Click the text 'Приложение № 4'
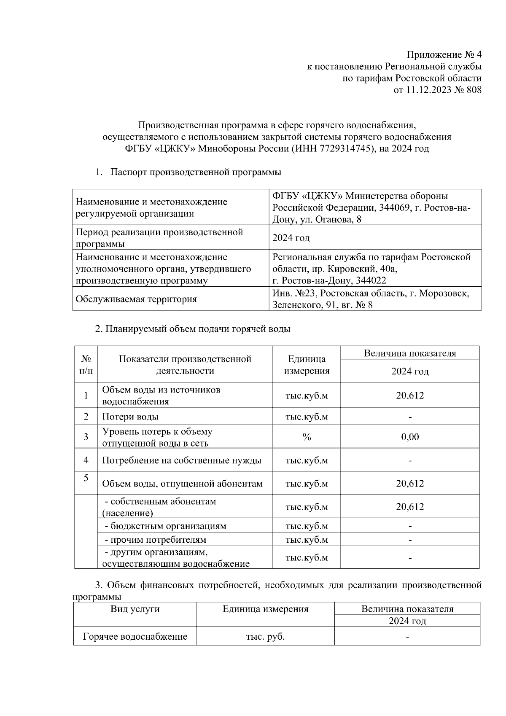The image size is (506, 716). pyautogui.click(x=444, y=55)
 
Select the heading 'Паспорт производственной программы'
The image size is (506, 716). pyautogui.click(x=196, y=172)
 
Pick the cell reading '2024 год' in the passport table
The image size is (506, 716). pyautogui.click(x=291, y=238)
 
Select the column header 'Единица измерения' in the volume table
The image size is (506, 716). pyautogui.click(x=307, y=365)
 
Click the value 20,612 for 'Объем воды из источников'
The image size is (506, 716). pyautogui.click(x=410, y=396)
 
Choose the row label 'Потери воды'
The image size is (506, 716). pyautogui.click(x=130, y=417)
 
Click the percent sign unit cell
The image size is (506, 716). pyautogui.click(x=307, y=437)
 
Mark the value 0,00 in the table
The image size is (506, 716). pyautogui.click(x=410, y=437)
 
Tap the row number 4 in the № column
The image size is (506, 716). pyautogui.click(x=86, y=460)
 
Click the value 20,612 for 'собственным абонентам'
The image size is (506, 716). pyautogui.click(x=410, y=507)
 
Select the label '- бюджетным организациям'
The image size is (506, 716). pyautogui.click(x=165, y=526)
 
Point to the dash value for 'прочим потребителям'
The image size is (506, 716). pyautogui.click(x=410, y=540)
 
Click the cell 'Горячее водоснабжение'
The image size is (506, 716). pyautogui.click(x=135, y=636)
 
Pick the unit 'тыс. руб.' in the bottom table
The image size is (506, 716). pyautogui.click(x=265, y=636)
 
